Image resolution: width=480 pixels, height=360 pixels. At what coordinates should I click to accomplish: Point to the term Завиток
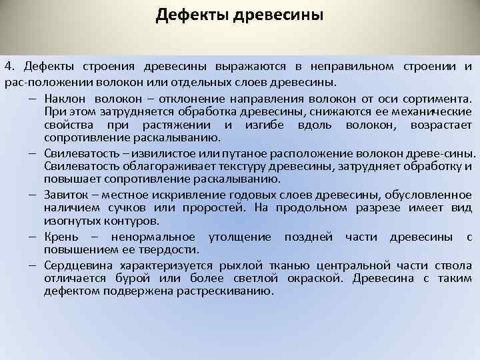(x=67, y=194)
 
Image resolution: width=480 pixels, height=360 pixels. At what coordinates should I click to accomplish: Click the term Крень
(x=61, y=236)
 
